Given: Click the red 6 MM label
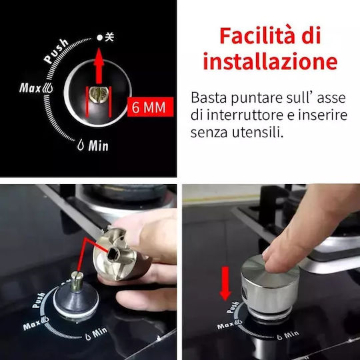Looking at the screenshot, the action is pyautogui.click(x=151, y=107).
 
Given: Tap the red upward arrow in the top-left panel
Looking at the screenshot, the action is pyautogui.click(x=99, y=66).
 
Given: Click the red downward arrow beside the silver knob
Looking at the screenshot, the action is pyautogui.click(x=225, y=283).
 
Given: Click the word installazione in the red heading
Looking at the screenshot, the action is pyautogui.click(x=270, y=61).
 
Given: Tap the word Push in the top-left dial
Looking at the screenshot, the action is pyautogui.click(x=56, y=51).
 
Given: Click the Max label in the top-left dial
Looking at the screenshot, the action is pyautogui.click(x=30, y=88).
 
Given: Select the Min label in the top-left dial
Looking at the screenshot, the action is pyautogui.click(x=98, y=145).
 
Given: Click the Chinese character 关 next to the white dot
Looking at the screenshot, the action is pyautogui.click(x=109, y=37).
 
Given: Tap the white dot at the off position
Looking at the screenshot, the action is pyautogui.click(x=99, y=37).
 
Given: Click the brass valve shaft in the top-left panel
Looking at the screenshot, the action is pyautogui.click(x=99, y=95).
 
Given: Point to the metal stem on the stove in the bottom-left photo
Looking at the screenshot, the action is pyautogui.click(x=77, y=281).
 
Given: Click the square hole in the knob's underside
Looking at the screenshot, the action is pyautogui.click(x=113, y=254).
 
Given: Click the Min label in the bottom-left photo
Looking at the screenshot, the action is pyautogui.click(x=99, y=332).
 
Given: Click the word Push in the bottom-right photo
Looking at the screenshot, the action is pyautogui.click(x=233, y=307).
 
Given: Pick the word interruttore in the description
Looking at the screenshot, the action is pyautogui.click(x=245, y=115).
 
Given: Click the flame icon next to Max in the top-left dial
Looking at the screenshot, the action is pyautogui.click(x=47, y=88).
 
